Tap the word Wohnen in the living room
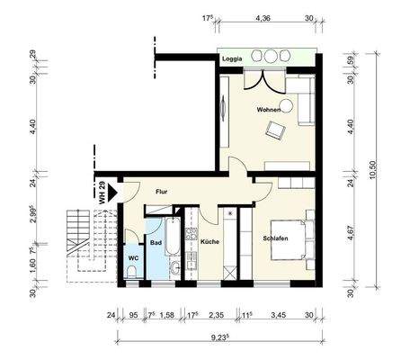tap(270, 109)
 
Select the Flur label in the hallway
tap(162, 191)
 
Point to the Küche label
tap(209, 242)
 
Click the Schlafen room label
tap(275, 238)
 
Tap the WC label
tap(132, 257)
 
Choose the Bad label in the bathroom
tap(155, 242)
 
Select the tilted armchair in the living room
tap(273, 132)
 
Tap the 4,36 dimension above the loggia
tap(264, 17)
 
